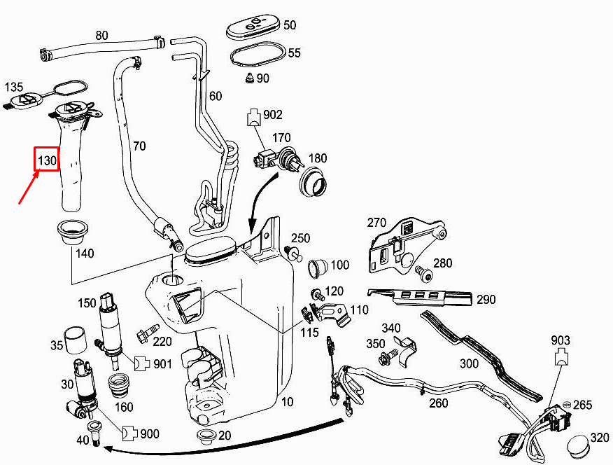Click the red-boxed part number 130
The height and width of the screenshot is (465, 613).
click(47, 160)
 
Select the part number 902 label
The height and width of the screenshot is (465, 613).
click(272, 114)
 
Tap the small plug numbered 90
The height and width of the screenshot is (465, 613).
click(248, 77)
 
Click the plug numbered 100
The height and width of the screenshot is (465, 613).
click(317, 265)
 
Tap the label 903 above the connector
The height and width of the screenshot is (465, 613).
click(561, 340)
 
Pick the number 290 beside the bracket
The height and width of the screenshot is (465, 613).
click(486, 300)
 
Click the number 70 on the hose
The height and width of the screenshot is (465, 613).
click(139, 146)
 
